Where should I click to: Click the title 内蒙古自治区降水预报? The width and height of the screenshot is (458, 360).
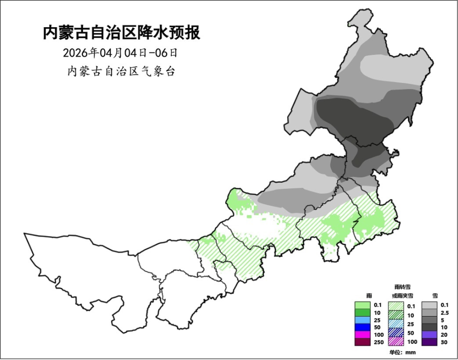tap(122, 33)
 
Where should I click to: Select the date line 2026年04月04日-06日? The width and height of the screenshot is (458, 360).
tap(122, 52)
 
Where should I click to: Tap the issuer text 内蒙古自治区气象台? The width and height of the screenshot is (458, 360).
tap(122, 72)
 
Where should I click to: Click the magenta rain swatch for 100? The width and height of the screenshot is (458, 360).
tap(362, 335)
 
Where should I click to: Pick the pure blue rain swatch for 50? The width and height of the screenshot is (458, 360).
tap(362, 327)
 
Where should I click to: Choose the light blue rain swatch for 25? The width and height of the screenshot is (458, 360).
tap(362, 320)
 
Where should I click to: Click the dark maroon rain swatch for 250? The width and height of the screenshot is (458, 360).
tap(362, 342)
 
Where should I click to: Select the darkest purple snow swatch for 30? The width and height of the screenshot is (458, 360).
tap(431, 342)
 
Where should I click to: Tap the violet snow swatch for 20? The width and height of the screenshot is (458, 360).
tap(431, 335)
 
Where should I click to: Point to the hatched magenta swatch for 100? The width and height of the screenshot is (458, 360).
tap(396, 341)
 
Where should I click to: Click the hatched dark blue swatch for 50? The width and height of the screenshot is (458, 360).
tap(396, 332)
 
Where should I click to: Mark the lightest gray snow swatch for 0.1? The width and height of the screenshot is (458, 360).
tap(431, 305)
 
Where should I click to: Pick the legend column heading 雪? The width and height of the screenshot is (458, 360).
tap(435, 296)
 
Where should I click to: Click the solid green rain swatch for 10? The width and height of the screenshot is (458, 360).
tap(362, 312)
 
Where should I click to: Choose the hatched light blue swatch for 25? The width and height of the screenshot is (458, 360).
tap(396, 324)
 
